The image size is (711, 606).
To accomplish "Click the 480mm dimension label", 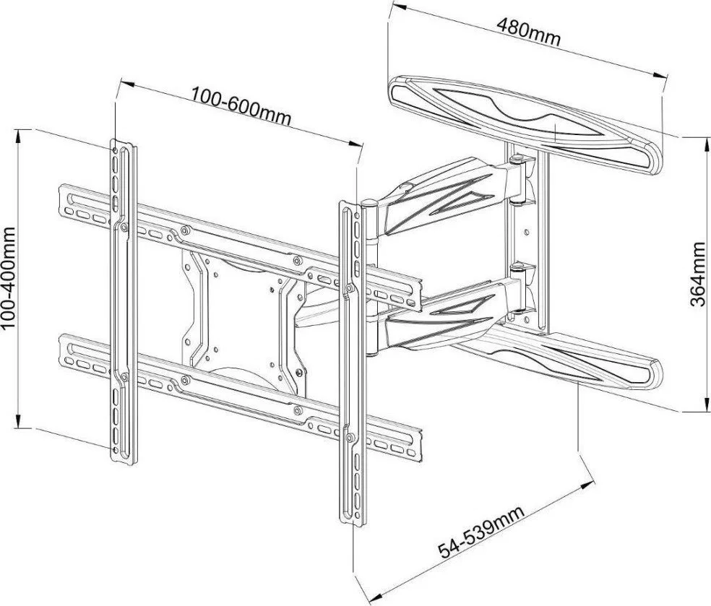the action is coord(529,31).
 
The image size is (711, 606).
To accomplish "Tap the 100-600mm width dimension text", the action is coord(241,106).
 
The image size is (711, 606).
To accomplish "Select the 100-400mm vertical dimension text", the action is coord(9,278).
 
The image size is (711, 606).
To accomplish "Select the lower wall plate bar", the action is coord(558,358).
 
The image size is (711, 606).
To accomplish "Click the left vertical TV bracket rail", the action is coord(124,303).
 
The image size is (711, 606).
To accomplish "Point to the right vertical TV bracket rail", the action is coord(352,363).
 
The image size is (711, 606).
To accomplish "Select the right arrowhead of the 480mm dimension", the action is coord(660,75).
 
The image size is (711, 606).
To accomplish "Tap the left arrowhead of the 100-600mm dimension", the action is coord(126,85).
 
